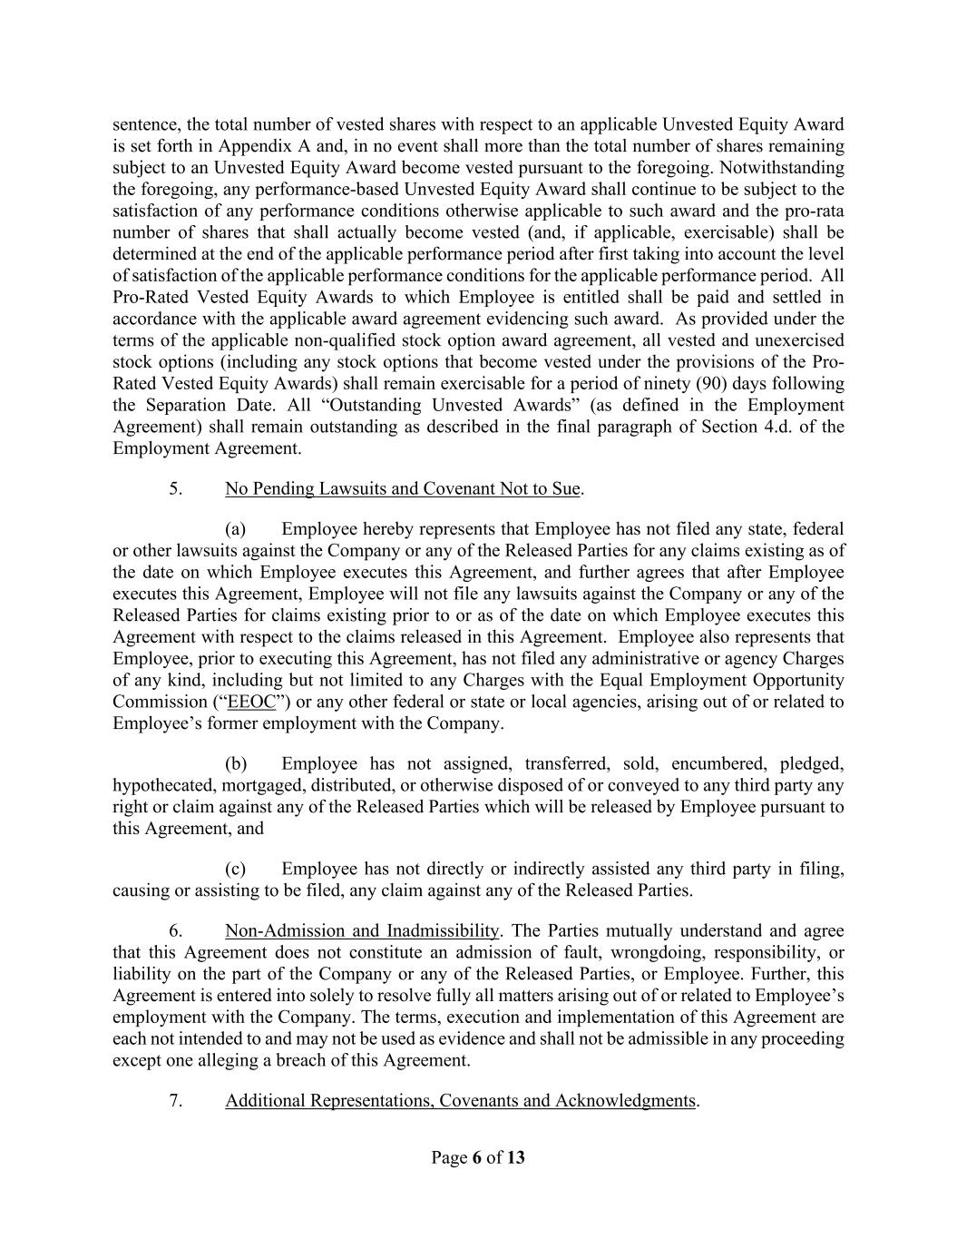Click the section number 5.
pyautogui.click(x=176, y=489)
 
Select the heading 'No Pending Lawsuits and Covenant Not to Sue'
pyautogui.click(x=402, y=489)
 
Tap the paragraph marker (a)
pyautogui.click(x=236, y=529)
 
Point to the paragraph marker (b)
pyautogui.click(x=236, y=763)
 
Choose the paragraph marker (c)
pyautogui.click(x=236, y=869)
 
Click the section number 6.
pyautogui.click(x=176, y=930)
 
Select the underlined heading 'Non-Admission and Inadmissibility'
pyautogui.click(x=362, y=930)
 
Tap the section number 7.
pyautogui.click(x=176, y=1101)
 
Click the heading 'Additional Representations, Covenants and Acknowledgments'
pyautogui.click(x=460, y=1101)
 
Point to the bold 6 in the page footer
pyautogui.click(x=476, y=1157)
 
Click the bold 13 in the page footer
pyautogui.click(x=516, y=1157)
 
